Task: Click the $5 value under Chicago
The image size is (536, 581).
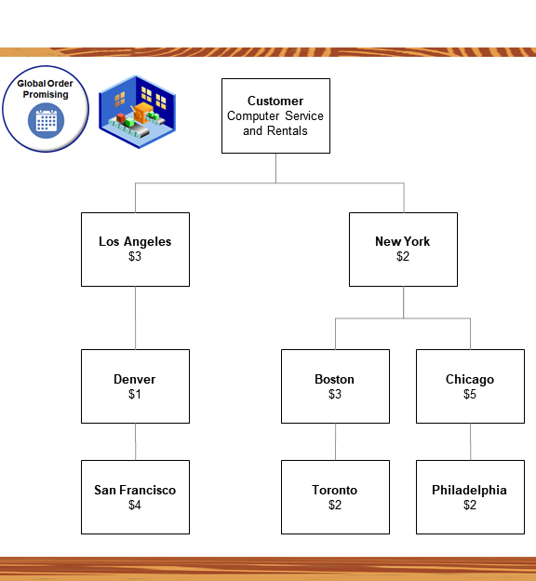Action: point(470,395)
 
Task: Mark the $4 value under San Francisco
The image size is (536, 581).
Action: point(135,506)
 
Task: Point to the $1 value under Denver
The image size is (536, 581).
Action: point(135,395)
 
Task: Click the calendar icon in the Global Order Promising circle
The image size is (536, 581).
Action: point(46,121)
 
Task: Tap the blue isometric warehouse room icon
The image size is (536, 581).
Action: point(138,110)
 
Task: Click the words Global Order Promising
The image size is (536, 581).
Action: point(46,88)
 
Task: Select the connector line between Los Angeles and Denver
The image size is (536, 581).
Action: point(135,318)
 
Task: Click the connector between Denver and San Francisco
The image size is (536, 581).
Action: point(135,441)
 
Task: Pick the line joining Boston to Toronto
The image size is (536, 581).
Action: point(335,441)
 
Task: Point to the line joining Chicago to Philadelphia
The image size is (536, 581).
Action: point(470,441)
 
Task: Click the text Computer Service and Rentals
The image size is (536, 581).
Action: point(275,124)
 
